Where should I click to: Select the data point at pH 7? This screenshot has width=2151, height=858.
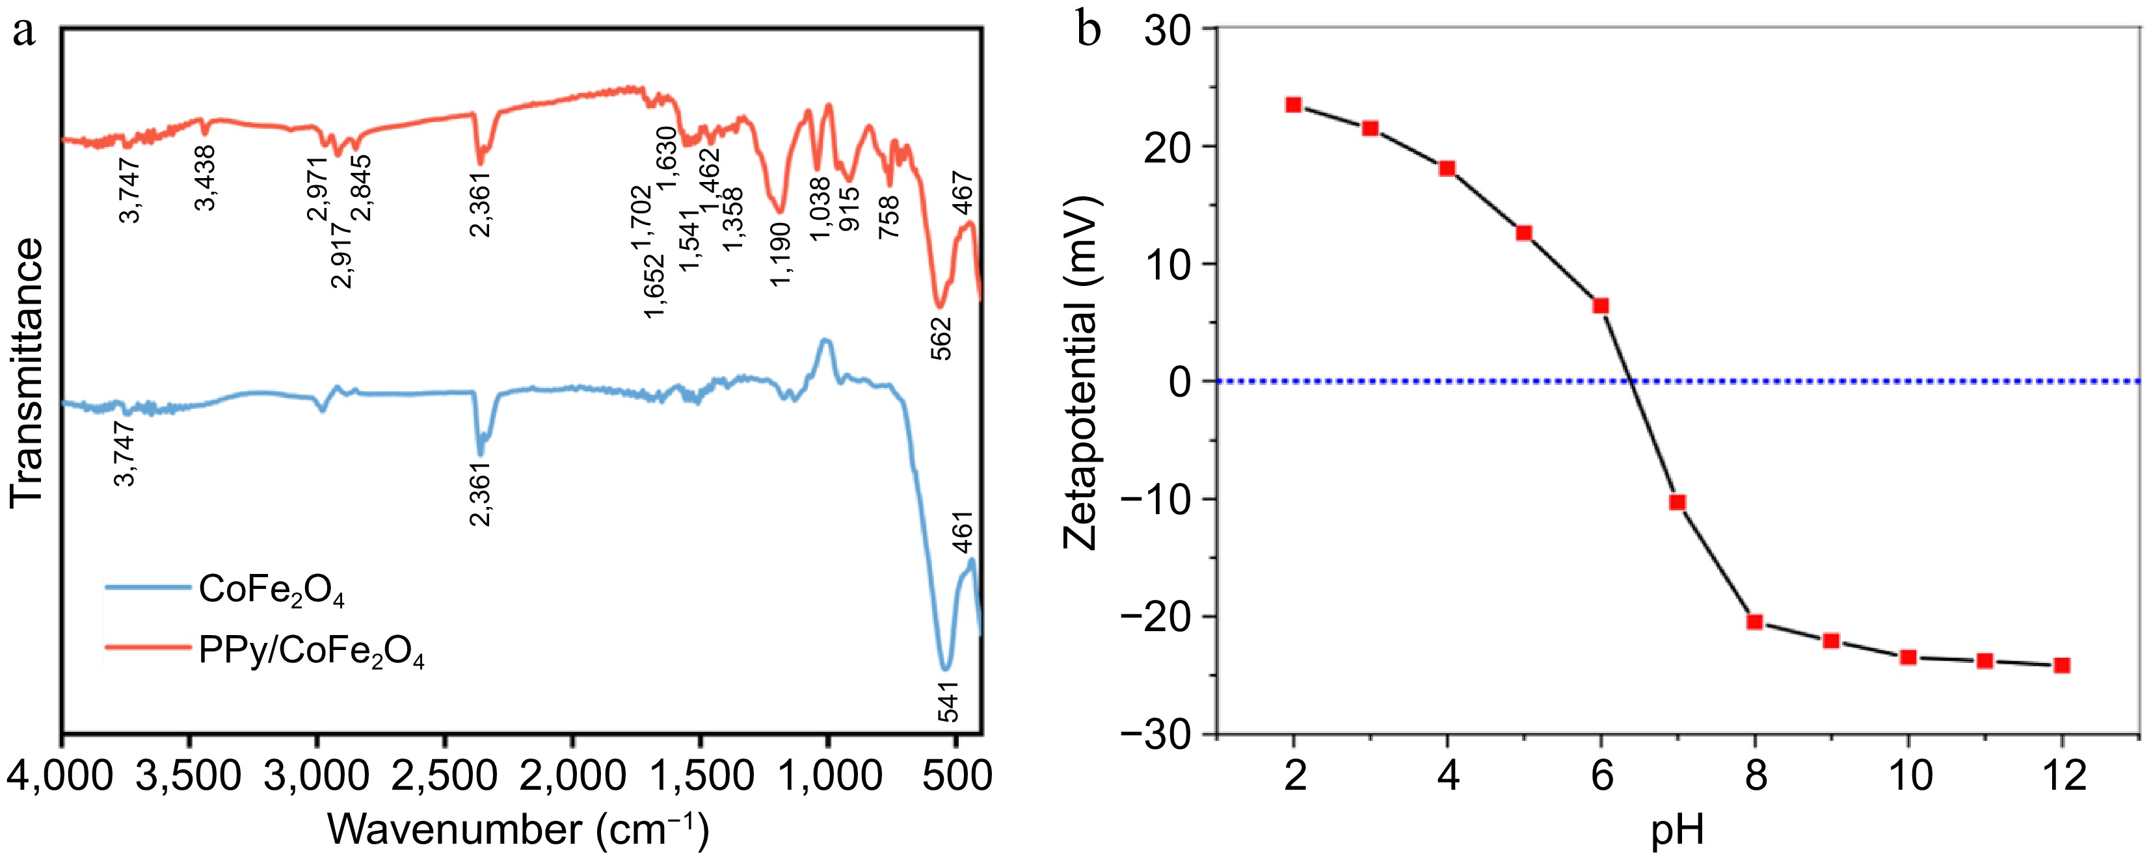[1677, 502]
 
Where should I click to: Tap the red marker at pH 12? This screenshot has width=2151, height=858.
[2062, 665]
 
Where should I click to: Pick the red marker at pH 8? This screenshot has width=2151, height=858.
[1754, 622]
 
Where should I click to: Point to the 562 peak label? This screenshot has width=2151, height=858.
[941, 338]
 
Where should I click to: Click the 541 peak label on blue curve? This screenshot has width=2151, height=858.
[948, 701]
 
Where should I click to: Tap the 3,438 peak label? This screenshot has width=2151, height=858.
[206, 178]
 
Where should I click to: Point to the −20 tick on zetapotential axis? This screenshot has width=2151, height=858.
[1156, 617]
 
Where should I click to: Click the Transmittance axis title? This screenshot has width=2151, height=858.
[27, 372]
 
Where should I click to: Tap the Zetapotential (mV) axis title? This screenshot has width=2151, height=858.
[1080, 372]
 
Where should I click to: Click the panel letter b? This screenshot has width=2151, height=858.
[1088, 32]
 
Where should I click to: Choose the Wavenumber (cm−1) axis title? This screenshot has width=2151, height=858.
[518, 829]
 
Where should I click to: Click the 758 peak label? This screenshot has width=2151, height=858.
[890, 217]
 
